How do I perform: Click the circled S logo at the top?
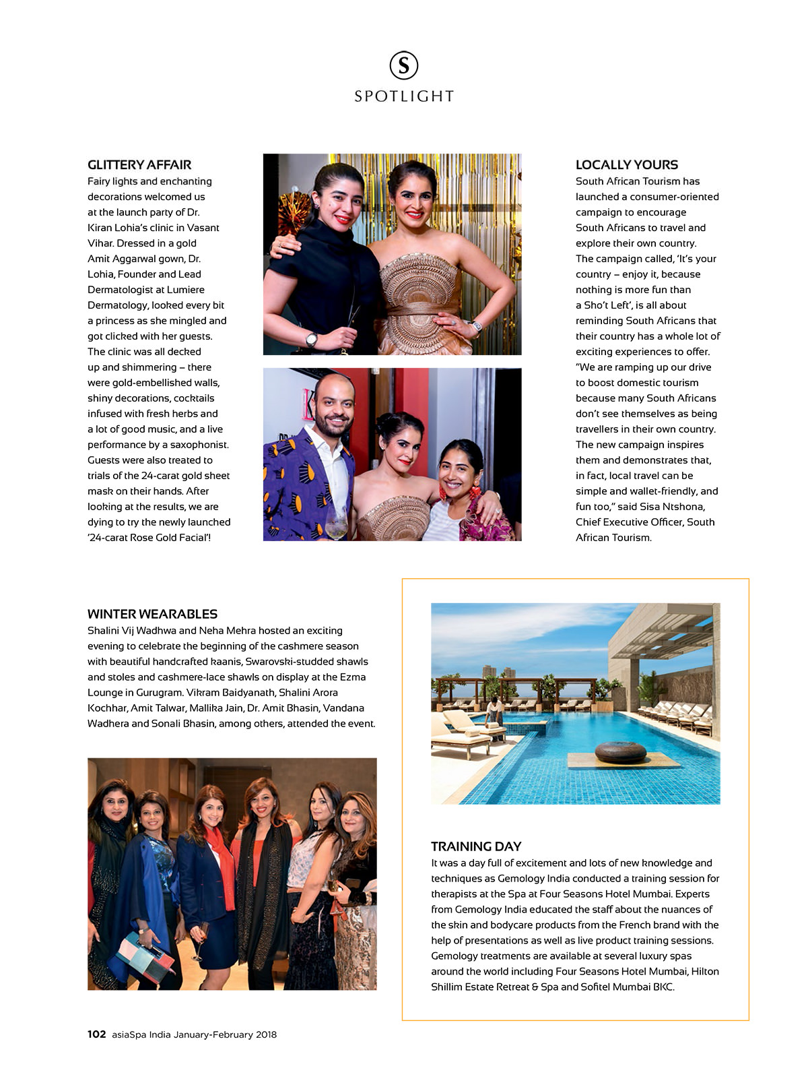(x=404, y=65)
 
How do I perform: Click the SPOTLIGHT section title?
(x=404, y=96)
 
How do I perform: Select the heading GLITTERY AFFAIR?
(x=139, y=165)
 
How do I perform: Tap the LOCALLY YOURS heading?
(x=626, y=165)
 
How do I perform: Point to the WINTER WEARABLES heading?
(x=152, y=614)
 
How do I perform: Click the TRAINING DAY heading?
(x=476, y=846)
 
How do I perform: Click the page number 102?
(x=96, y=1034)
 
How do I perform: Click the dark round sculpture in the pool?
(x=620, y=751)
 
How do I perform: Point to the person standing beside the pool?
(x=496, y=716)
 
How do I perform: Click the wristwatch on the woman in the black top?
(x=311, y=339)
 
